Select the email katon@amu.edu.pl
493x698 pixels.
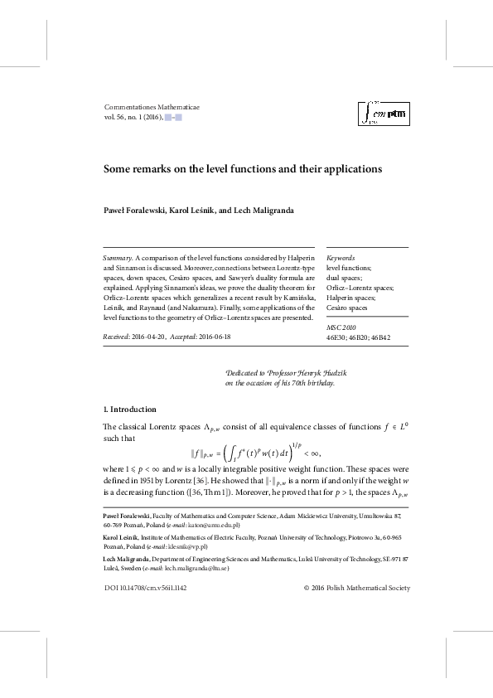(216, 525)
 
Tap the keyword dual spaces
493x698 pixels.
(344, 278)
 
